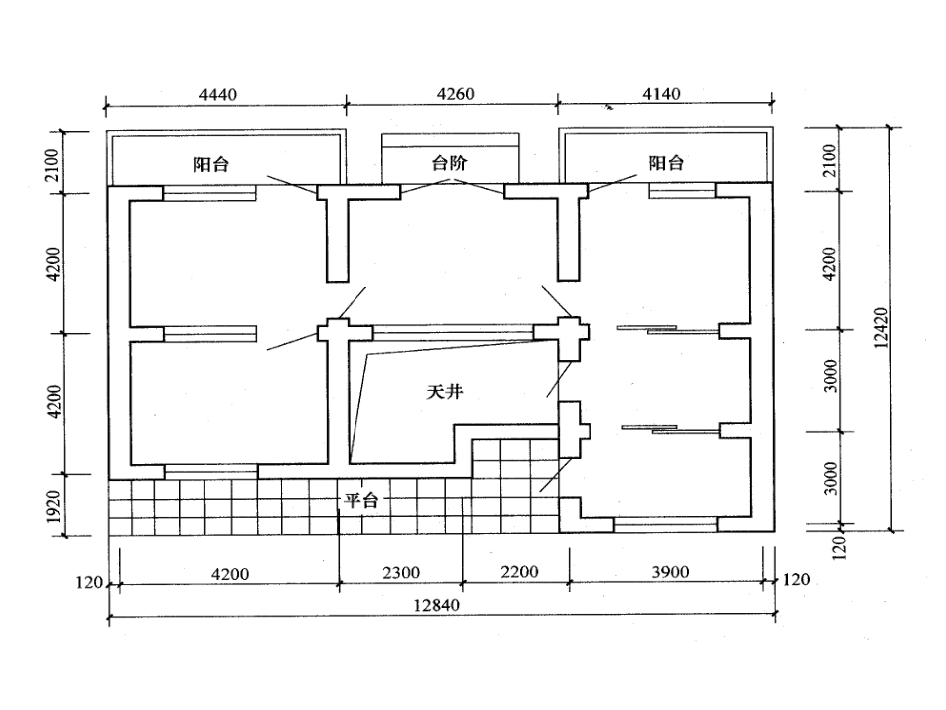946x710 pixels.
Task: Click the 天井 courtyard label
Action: coord(445,392)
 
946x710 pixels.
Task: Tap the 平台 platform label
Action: coord(361,500)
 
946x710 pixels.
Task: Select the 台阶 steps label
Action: coord(449,163)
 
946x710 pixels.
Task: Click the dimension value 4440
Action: coord(218,95)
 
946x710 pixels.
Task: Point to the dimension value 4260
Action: coord(455,94)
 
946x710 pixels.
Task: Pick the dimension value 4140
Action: coord(661,94)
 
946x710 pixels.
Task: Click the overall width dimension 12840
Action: coord(436,605)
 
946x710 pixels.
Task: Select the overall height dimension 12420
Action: coord(881,328)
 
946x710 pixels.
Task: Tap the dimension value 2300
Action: coord(401,572)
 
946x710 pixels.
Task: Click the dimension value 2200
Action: coord(519,571)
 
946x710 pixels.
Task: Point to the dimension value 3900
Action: coord(670,571)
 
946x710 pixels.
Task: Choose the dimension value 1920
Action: coord(55,506)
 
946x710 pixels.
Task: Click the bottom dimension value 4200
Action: coord(230,573)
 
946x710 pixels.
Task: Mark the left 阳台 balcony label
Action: coord(211,164)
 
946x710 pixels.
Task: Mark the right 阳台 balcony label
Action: coord(666,163)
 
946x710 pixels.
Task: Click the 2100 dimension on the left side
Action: coord(53,164)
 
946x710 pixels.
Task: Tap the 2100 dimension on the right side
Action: coord(829,161)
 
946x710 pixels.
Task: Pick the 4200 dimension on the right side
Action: coord(830,264)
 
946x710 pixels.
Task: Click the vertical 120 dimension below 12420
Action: coord(839,547)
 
